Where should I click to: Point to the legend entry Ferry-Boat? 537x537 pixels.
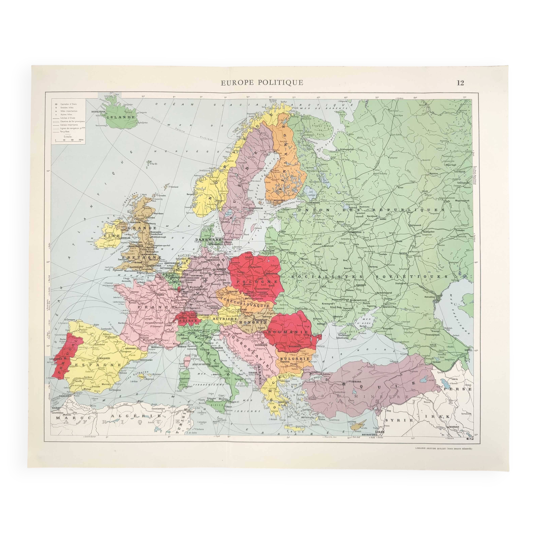(x=65, y=132)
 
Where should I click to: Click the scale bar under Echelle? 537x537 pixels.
(x=68, y=141)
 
